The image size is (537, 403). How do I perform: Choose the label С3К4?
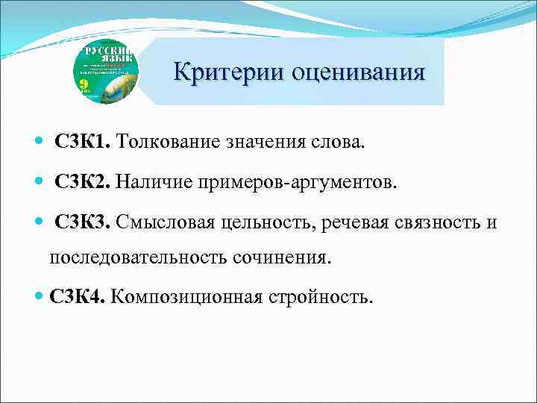pos(78,298)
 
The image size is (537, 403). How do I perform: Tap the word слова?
pos(341,142)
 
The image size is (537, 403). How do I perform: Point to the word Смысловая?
pos(163,223)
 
